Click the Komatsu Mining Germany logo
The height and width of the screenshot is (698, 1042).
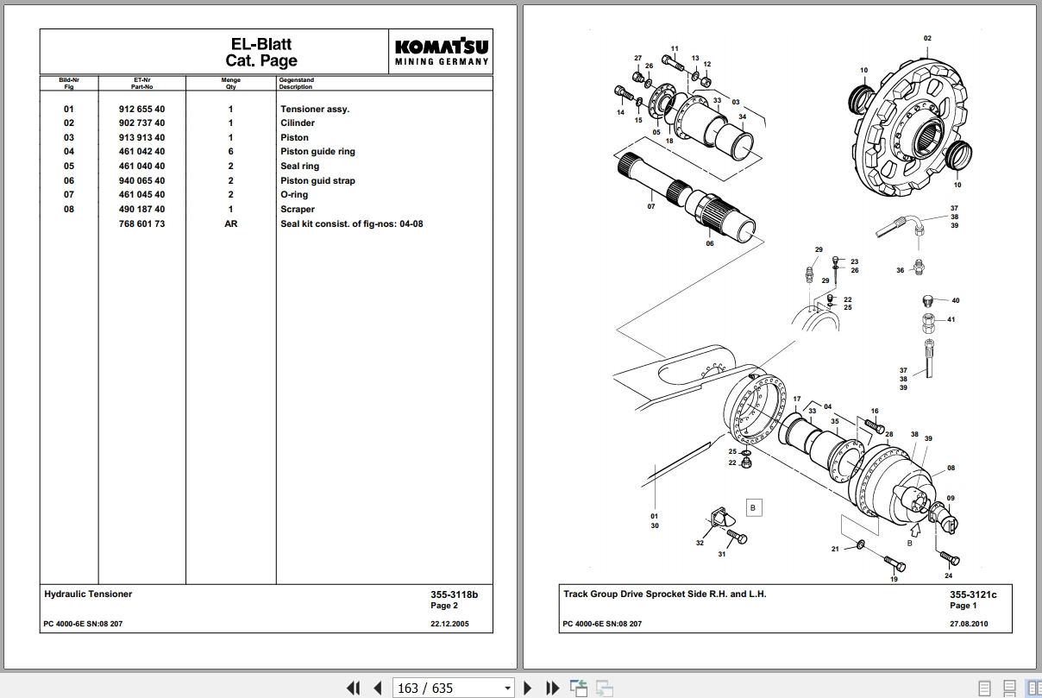pyautogui.click(x=442, y=52)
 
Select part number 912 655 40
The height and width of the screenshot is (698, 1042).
pyautogui.click(x=141, y=110)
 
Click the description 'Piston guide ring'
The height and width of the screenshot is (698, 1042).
pyautogui.click(x=317, y=152)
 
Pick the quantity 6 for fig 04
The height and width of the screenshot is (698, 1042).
pyautogui.click(x=230, y=152)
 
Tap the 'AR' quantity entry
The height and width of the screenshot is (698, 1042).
pyautogui.click(x=230, y=223)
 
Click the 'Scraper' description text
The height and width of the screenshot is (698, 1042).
pyautogui.click(x=298, y=210)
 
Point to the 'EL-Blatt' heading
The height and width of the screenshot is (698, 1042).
pyautogui.click(x=261, y=44)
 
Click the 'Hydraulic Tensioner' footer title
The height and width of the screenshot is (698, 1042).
pyautogui.click(x=88, y=594)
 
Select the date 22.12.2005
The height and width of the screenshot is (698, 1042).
pyautogui.click(x=449, y=624)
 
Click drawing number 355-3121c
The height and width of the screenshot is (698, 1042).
pyautogui.click(x=973, y=594)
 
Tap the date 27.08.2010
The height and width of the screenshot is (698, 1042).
pyautogui.click(x=969, y=624)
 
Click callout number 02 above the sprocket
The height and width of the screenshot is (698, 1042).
pyautogui.click(x=927, y=39)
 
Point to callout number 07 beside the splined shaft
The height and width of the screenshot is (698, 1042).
pyautogui.click(x=651, y=206)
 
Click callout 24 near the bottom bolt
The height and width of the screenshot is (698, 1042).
pyautogui.click(x=949, y=575)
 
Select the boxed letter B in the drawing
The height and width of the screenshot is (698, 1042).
pyautogui.click(x=752, y=508)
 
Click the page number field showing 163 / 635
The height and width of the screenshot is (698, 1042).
pyautogui.click(x=453, y=688)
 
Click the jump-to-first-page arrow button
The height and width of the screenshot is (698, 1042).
pyautogui.click(x=353, y=688)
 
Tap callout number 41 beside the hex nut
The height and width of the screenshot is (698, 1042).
pyautogui.click(x=951, y=320)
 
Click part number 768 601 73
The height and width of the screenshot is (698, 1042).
pyautogui.click(x=141, y=223)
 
